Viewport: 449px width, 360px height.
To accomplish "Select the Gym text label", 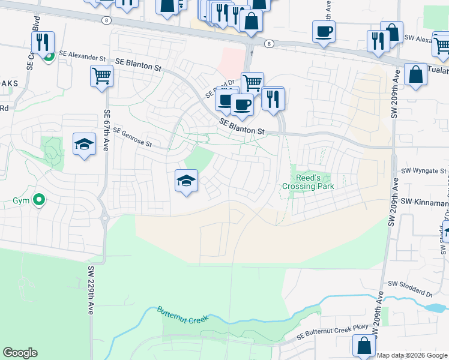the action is point(21,200).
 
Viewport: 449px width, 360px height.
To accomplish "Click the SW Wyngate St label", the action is point(424,171).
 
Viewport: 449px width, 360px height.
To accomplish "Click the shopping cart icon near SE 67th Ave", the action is point(101,76).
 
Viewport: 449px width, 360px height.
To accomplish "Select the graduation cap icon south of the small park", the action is point(187,180).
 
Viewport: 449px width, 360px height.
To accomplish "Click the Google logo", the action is point(20,353).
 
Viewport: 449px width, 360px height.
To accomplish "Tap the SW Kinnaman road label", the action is point(424,203).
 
